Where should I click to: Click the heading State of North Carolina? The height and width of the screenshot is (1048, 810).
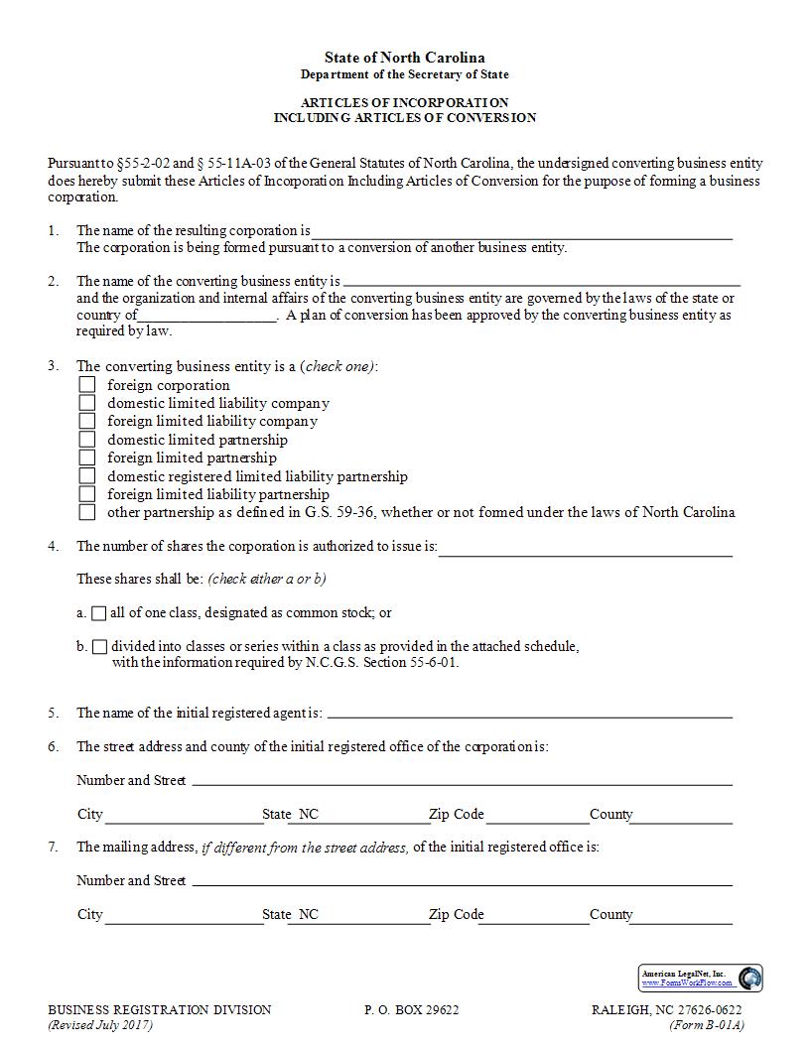pyautogui.click(x=404, y=58)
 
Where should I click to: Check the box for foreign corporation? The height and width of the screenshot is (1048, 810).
pyautogui.click(x=87, y=385)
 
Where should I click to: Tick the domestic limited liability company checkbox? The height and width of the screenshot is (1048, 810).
pyautogui.click(x=87, y=403)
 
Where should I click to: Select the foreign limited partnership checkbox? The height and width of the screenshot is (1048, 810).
pyautogui.click(x=87, y=458)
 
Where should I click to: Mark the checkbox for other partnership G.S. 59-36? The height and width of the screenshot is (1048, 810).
pyautogui.click(x=87, y=512)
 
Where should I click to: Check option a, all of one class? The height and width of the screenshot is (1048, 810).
pyautogui.click(x=99, y=613)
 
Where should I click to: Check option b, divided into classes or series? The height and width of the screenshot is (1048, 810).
pyautogui.click(x=99, y=647)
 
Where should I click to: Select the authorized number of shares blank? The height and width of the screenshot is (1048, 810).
pyautogui.click(x=585, y=548)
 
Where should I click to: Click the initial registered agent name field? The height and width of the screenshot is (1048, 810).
pyautogui.click(x=529, y=714)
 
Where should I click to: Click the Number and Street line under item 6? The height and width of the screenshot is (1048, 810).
pyautogui.click(x=462, y=781)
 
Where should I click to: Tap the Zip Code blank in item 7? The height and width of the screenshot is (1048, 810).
pyautogui.click(x=536, y=916)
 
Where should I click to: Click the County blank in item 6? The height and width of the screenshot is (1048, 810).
pyautogui.click(x=682, y=816)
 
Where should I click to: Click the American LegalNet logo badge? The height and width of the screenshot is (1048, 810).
pyautogui.click(x=700, y=978)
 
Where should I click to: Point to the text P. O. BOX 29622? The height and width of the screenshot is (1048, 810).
pyautogui.click(x=411, y=1010)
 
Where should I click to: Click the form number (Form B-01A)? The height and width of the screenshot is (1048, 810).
pyautogui.click(x=706, y=1025)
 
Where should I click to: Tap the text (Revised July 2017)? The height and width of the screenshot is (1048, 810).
pyautogui.click(x=100, y=1025)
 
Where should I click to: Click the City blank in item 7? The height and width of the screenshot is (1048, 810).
pyautogui.click(x=183, y=916)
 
